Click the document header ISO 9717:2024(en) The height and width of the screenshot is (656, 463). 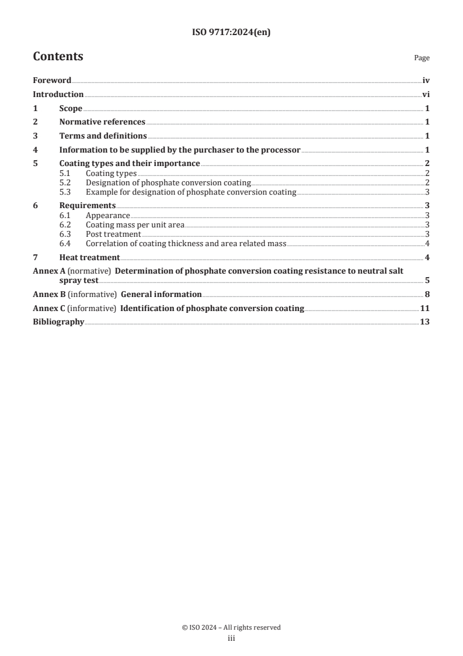tap(231, 33)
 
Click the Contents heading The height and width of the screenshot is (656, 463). tap(58, 57)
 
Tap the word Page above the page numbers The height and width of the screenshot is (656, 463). tap(422, 58)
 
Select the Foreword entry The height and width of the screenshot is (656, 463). tap(52, 81)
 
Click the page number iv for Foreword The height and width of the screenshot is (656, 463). tap(426, 81)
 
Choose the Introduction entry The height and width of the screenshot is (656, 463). tap(58, 95)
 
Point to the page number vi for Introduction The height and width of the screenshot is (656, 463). tap(426, 95)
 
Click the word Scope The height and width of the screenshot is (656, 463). tap(71, 109)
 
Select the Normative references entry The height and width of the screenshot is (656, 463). tap(102, 122)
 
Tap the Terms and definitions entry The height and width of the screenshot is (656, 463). tap(103, 136)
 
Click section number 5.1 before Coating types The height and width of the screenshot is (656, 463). tap(66, 174)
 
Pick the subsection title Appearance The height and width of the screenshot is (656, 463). tap(107, 216)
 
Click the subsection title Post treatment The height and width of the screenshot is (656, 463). tap(113, 234)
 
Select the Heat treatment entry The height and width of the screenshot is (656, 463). tap(89, 258)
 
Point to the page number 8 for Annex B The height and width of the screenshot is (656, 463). tap(427, 295)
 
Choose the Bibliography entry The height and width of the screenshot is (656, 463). tap(58, 322)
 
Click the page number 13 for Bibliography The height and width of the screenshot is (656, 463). tap(425, 322)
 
